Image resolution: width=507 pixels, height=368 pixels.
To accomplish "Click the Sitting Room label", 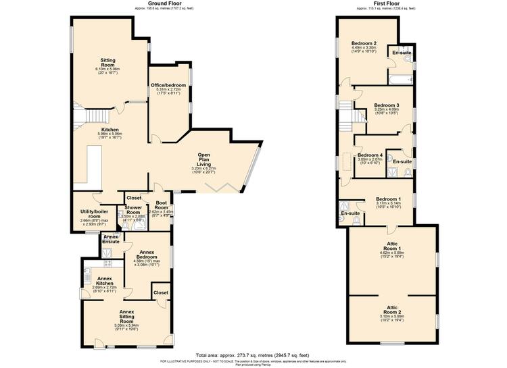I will tap(109, 63).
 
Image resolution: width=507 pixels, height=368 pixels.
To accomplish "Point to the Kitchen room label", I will tap(110, 129).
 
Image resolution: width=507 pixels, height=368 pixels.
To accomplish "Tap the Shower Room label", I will tap(133, 211).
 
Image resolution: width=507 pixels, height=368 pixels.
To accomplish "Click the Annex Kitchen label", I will tap(104, 280).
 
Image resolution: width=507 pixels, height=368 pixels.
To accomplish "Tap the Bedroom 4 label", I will tap(370, 155).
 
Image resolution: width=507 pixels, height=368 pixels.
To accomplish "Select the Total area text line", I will tap(252, 354).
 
